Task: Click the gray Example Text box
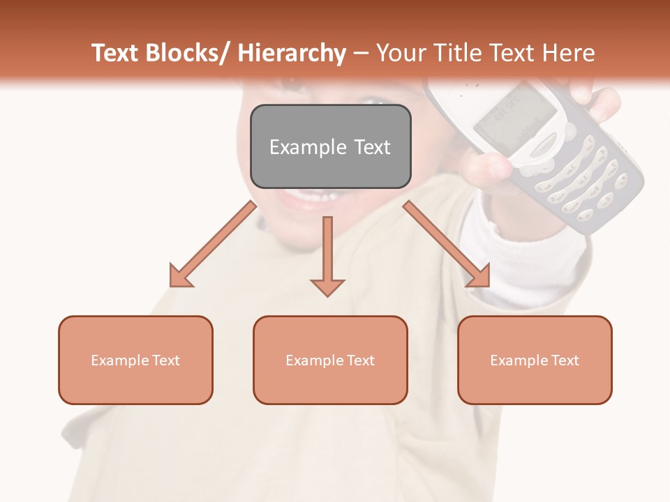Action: pos(330,146)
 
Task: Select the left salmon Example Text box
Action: pos(135,360)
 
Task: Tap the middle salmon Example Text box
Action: pos(330,360)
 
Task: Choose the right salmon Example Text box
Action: pos(535,360)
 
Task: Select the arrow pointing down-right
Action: pos(447,244)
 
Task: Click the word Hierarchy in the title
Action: pos(292,53)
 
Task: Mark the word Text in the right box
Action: pos(565,360)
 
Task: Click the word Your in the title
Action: pos(403,53)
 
